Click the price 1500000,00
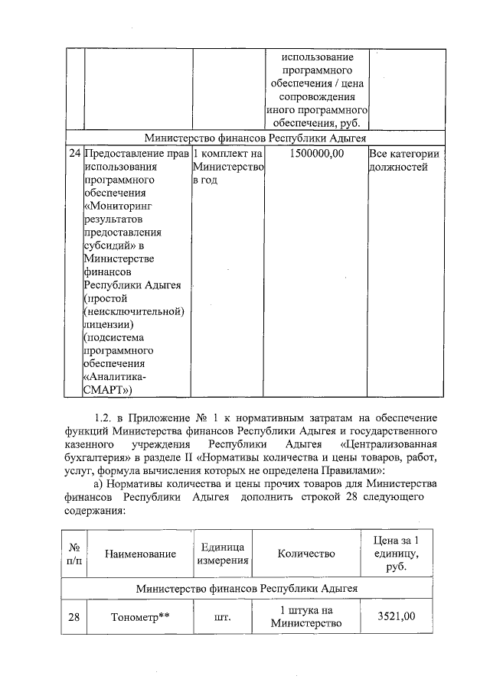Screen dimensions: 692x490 click(x=317, y=154)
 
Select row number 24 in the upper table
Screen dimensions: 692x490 click(x=74, y=154)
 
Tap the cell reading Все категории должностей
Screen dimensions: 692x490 click(x=404, y=161)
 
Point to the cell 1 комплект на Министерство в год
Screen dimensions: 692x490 click(x=227, y=167)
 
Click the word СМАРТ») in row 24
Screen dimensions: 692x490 click(x=109, y=390)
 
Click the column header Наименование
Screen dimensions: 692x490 click(x=140, y=554)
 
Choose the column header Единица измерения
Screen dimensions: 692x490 click(x=223, y=554)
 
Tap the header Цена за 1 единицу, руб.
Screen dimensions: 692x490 click(x=395, y=554)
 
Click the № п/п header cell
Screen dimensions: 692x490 click(x=74, y=554)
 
